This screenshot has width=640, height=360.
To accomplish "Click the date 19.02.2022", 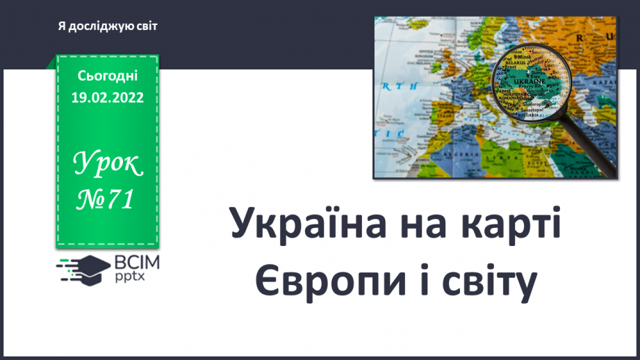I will [x=107, y=98].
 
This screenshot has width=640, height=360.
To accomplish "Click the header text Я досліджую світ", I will [x=108, y=26].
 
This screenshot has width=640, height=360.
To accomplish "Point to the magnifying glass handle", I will [x=591, y=154].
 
